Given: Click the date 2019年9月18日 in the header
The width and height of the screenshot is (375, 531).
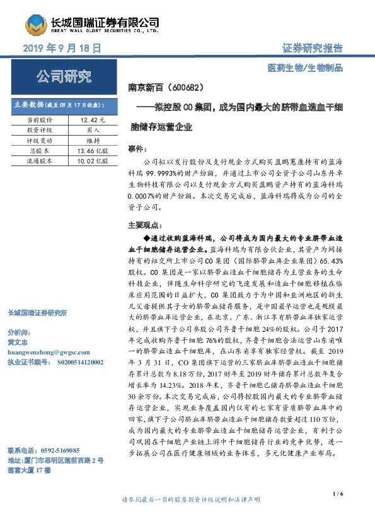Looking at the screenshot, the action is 62,48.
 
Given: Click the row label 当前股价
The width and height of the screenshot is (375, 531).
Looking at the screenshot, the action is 40,119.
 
